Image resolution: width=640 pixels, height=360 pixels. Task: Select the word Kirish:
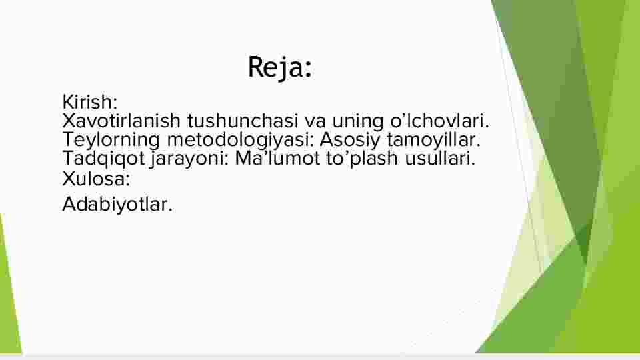tap(90, 101)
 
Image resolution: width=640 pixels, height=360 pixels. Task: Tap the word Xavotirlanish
tap(121, 121)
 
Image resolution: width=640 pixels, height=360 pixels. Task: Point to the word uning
tap(357, 122)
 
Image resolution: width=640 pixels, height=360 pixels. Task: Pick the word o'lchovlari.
tap(439, 121)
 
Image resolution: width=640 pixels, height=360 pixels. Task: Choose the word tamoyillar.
tap(434, 139)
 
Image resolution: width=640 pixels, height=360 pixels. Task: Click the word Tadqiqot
tap(104, 159)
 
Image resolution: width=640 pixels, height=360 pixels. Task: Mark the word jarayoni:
tap(189, 159)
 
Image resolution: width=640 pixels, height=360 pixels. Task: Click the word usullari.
tap(440, 158)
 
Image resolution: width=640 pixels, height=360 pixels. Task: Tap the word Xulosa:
tap(96, 179)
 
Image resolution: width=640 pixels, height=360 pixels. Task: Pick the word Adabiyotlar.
tap(117, 205)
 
